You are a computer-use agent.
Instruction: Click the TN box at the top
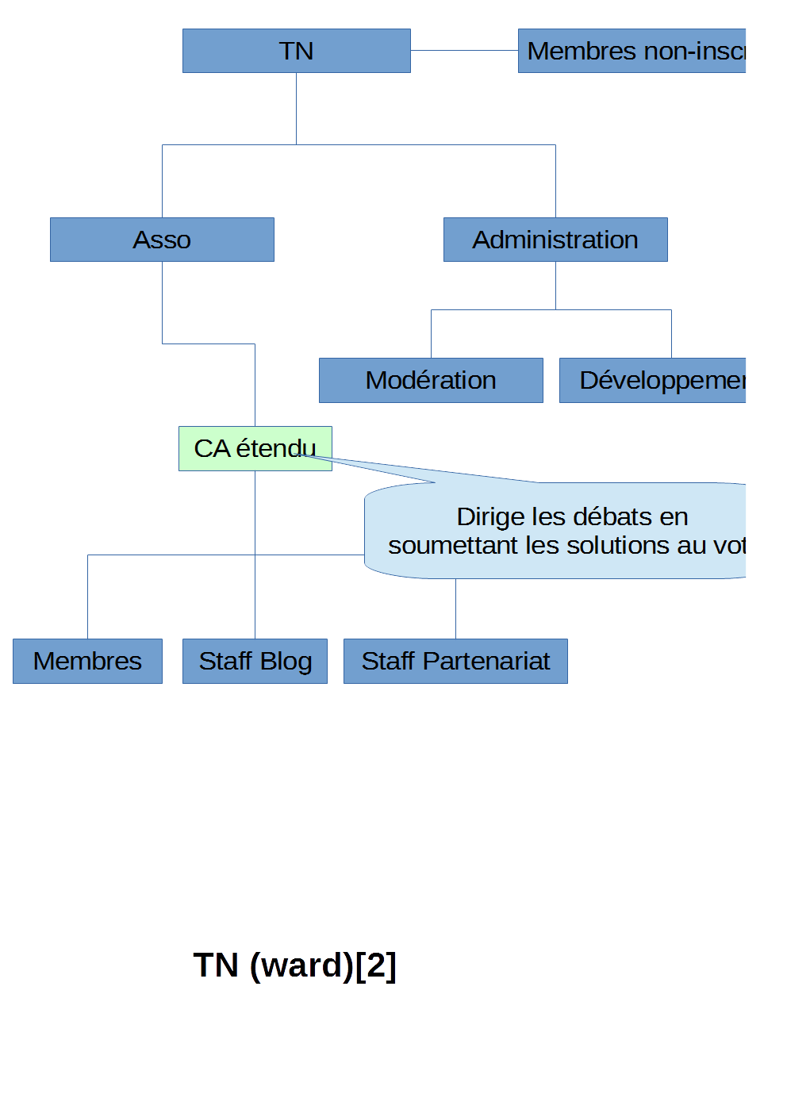(x=296, y=51)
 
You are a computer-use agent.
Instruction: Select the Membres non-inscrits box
(x=632, y=51)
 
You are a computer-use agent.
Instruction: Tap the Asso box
(x=162, y=240)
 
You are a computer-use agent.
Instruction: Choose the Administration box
(x=555, y=240)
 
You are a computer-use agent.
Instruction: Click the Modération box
(x=431, y=380)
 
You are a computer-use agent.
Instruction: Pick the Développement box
(x=652, y=380)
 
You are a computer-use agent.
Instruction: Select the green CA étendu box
(x=255, y=448)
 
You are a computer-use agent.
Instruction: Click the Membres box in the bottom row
(x=87, y=661)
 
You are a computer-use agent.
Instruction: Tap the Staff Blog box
(x=255, y=661)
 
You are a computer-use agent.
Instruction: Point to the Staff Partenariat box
(x=455, y=661)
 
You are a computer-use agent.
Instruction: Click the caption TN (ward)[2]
(x=294, y=965)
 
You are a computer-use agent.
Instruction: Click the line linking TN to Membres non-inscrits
(x=464, y=50)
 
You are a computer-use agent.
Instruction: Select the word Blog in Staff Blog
(x=286, y=661)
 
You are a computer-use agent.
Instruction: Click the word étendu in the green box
(x=276, y=448)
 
